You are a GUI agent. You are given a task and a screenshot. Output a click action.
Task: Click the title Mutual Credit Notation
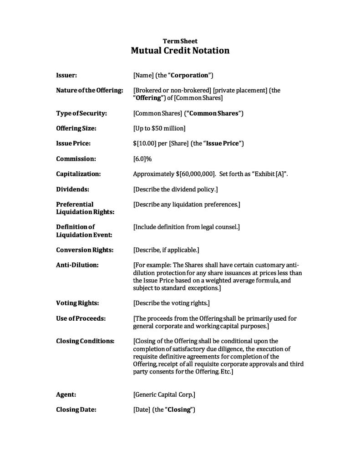point(180,51)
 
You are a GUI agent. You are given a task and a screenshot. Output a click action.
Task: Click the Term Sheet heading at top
point(180,41)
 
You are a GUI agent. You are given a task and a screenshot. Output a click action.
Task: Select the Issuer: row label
point(66,75)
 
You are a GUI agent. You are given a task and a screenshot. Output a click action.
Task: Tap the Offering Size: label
point(76,128)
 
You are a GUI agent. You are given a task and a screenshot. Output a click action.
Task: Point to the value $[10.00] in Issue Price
point(144,143)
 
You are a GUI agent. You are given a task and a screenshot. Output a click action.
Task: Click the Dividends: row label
point(72,189)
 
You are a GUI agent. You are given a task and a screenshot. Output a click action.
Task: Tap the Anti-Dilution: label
point(77,265)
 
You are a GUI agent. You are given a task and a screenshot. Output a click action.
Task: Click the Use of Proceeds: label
point(81,318)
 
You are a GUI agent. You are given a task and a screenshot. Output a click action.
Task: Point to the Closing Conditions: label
point(85,341)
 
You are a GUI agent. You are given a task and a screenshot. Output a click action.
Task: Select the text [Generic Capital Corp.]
point(164,394)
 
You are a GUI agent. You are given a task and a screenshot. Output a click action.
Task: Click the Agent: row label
point(66,394)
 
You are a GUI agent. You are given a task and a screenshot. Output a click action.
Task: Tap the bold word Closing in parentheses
point(179,410)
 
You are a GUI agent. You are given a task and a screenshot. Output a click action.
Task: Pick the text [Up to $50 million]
point(159,128)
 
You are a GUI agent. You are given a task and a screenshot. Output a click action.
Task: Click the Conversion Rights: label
point(85,250)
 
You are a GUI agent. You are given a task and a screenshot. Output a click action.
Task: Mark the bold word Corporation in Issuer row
point(189,75)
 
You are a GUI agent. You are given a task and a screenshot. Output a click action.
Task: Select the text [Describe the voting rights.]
point(171,303)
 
